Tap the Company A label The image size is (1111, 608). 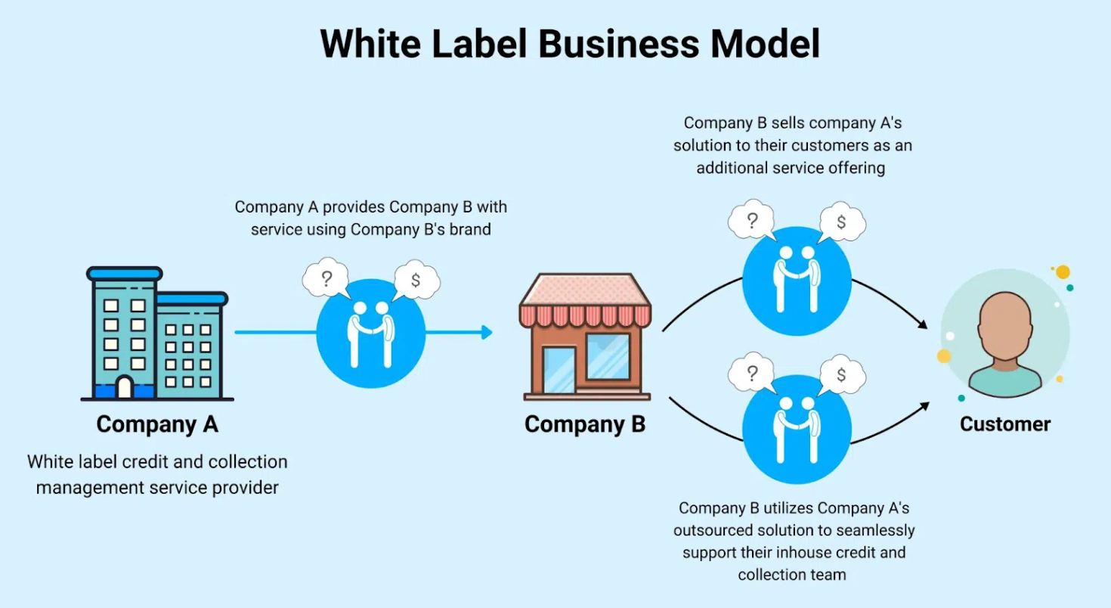157,424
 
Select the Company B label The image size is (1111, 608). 585,424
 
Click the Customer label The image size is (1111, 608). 1005,423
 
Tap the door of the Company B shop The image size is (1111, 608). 559,369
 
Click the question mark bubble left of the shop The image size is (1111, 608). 326,280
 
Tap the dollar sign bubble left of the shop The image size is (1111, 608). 416,281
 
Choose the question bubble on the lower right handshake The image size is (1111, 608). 751,373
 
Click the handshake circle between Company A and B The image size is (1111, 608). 370,333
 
